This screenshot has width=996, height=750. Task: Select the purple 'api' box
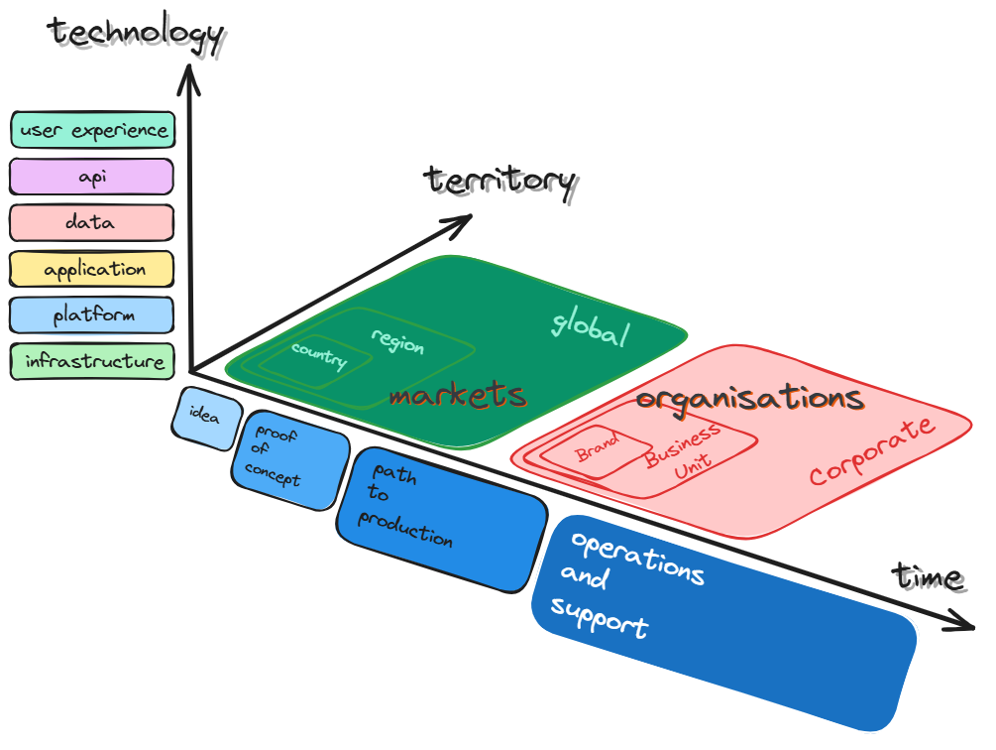(x=92, y=177)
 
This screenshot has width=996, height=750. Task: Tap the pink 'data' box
(x=92, y=222)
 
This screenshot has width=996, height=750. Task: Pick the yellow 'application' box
(x=92, y=269)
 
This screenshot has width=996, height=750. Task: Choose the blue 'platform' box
(x=92, y=315)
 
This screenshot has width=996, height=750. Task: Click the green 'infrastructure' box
(x=92, y=361)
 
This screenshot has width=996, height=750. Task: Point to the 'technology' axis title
(x=136, y=33)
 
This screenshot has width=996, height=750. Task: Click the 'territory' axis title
(x=499, y=181)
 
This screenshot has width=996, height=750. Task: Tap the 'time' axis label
(x=927, y=575)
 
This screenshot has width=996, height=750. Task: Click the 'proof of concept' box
(x=289, y=459)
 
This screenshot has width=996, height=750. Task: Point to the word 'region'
(x=397, y=340)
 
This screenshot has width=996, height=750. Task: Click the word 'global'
(x=591, y=326)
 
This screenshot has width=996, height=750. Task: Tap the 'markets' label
(x=457, y=396)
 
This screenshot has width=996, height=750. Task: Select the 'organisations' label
(x=749, y=399)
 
